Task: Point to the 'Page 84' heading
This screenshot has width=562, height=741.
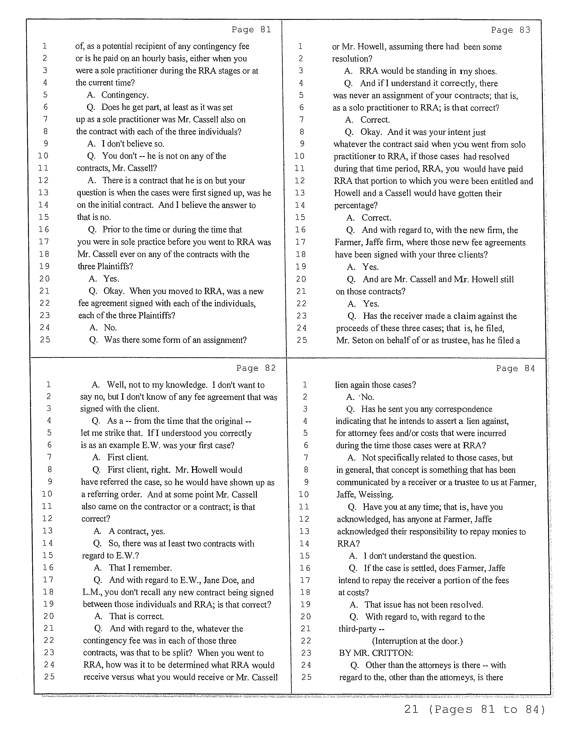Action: point(515,368)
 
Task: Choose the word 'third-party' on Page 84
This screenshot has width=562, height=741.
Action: point(357,628)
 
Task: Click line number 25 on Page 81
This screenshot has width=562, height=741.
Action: point(45,340)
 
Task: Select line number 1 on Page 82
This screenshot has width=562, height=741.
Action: point(49,385)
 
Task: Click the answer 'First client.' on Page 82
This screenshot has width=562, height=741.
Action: point(127,457)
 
